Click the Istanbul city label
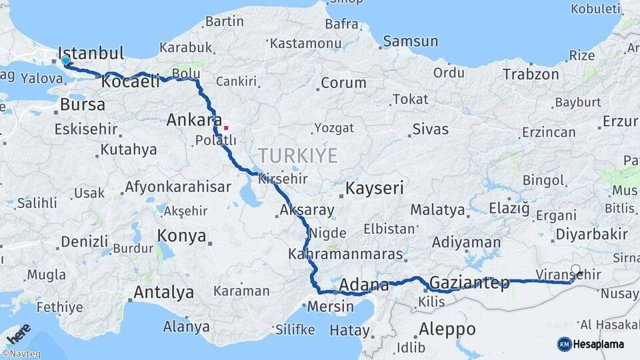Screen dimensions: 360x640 [x=91, y=53]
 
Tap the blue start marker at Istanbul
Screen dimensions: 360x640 [x=65, y=61]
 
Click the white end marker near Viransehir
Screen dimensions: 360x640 [x=575, y=271]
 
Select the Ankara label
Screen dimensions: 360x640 [x=193, y=121]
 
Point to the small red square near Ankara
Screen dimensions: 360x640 [x=226, y=127]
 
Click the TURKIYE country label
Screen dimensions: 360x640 [x=298, y=156]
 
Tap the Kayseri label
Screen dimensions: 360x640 [x=374, y=189]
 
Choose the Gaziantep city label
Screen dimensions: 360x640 [x=469, y=283]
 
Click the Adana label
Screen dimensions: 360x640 [x=364, y=285]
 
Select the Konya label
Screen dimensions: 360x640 [x=182, y=235]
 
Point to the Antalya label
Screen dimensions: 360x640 [x=163, y=292]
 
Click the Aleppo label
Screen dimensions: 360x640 [x=447, y=329]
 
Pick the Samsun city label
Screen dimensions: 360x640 [x=410, y=41]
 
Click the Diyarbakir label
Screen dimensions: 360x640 [x=592, y=234]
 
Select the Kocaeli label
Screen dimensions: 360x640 [x=131, y=81]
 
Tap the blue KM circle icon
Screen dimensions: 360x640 [x=564, y=344]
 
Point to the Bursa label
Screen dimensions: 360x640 [x=83, y=105]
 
